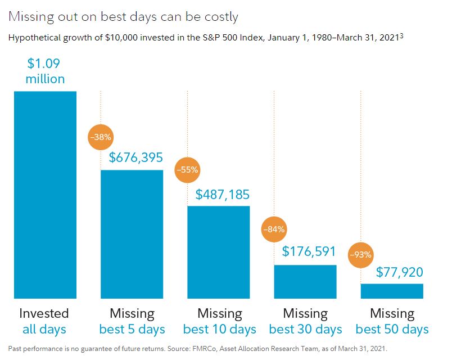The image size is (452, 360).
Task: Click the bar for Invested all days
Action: (45, 195)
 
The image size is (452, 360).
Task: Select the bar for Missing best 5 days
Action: (132, 234)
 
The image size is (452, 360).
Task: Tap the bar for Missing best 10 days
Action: (218, 252)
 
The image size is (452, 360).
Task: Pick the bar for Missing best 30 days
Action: (305, 281)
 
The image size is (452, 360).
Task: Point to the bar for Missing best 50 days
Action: (392, 291)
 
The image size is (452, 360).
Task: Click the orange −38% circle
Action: (101, 136)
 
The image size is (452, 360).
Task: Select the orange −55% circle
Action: (188, 169)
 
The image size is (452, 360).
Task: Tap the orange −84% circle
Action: (275, 229)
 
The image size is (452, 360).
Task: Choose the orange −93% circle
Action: (361, 254)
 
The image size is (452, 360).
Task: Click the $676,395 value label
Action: (136, 158)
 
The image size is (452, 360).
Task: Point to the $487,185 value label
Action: (223, 195)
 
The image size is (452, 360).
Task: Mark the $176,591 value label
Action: (309, 251)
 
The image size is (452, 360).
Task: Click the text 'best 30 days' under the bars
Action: (305, 329)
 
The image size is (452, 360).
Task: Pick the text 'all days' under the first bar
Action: (44, 329)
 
